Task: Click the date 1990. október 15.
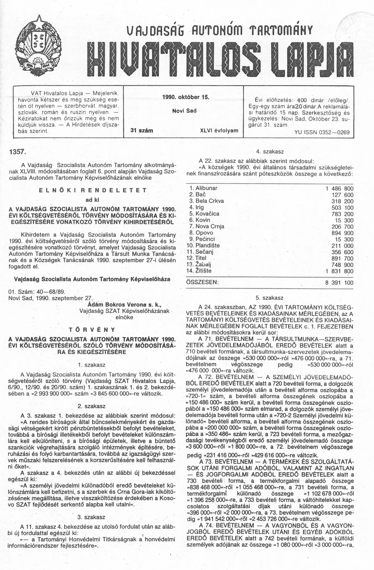point(185,97)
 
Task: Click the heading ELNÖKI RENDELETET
point(93,190)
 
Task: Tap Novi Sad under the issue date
point(185,111)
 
